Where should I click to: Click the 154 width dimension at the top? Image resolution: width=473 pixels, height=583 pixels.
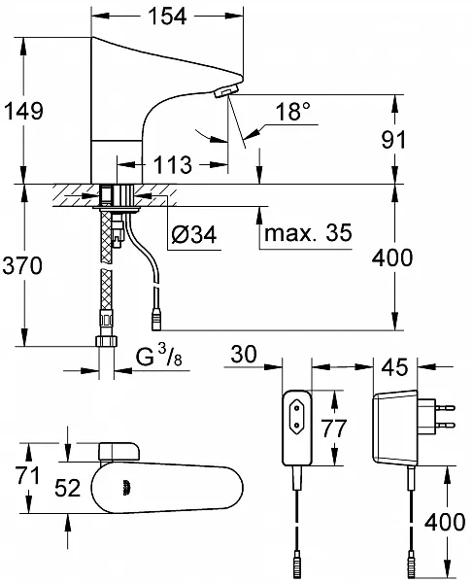[167, 17]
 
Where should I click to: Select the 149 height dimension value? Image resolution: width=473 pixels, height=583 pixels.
[23, 111]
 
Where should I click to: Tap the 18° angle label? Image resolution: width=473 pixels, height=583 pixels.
[292, 111]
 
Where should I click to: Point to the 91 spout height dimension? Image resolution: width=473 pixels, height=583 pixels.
[394, 140]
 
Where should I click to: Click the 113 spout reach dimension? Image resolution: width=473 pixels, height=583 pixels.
[173, 165]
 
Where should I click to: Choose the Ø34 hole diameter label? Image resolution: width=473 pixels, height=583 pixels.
[194, 234]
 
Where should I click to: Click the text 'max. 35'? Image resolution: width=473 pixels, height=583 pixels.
[308, 233]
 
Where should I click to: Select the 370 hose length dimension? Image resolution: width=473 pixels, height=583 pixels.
[22, 266]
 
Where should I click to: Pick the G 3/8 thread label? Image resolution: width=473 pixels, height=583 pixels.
[159, 356]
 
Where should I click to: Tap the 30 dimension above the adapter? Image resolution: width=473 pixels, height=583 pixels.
[244, 354]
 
